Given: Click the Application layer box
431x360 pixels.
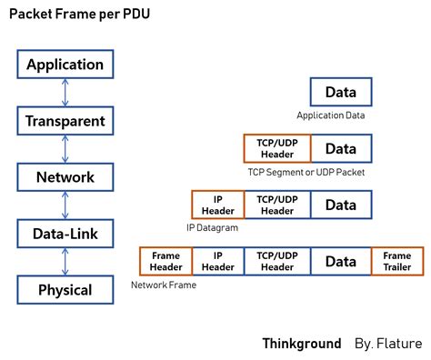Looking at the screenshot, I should tap(65, 65).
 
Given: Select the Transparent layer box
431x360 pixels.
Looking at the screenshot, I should tap(65, 121).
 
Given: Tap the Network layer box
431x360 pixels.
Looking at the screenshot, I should tap(65, 177).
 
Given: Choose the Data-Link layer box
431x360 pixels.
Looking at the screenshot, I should tap(65, 235).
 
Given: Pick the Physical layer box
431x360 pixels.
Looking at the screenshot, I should tap(65, 291).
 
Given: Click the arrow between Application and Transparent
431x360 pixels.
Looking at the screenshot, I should tap(65, 93).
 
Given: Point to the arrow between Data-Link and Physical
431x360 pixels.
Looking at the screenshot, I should tap(65, 263).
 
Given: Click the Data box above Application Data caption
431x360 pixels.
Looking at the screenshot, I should tap(341, 93).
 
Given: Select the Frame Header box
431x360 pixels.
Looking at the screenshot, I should tap(165, 261).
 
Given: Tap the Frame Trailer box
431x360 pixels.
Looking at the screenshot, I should tap(396, 261).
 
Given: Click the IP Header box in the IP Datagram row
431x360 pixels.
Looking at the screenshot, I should tap(217, 205).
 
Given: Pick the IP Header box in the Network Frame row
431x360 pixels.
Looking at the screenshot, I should tap(217, 261).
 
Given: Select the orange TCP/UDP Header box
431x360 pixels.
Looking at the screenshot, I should tap(277, 149).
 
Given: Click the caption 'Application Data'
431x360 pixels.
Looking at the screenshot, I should tap(332, 115).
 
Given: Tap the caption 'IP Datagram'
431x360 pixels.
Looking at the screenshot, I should tap(212, 227).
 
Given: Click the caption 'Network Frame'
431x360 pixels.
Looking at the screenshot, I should tap(164, 285).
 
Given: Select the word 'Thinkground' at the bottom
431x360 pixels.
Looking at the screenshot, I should tap(302, 343).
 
